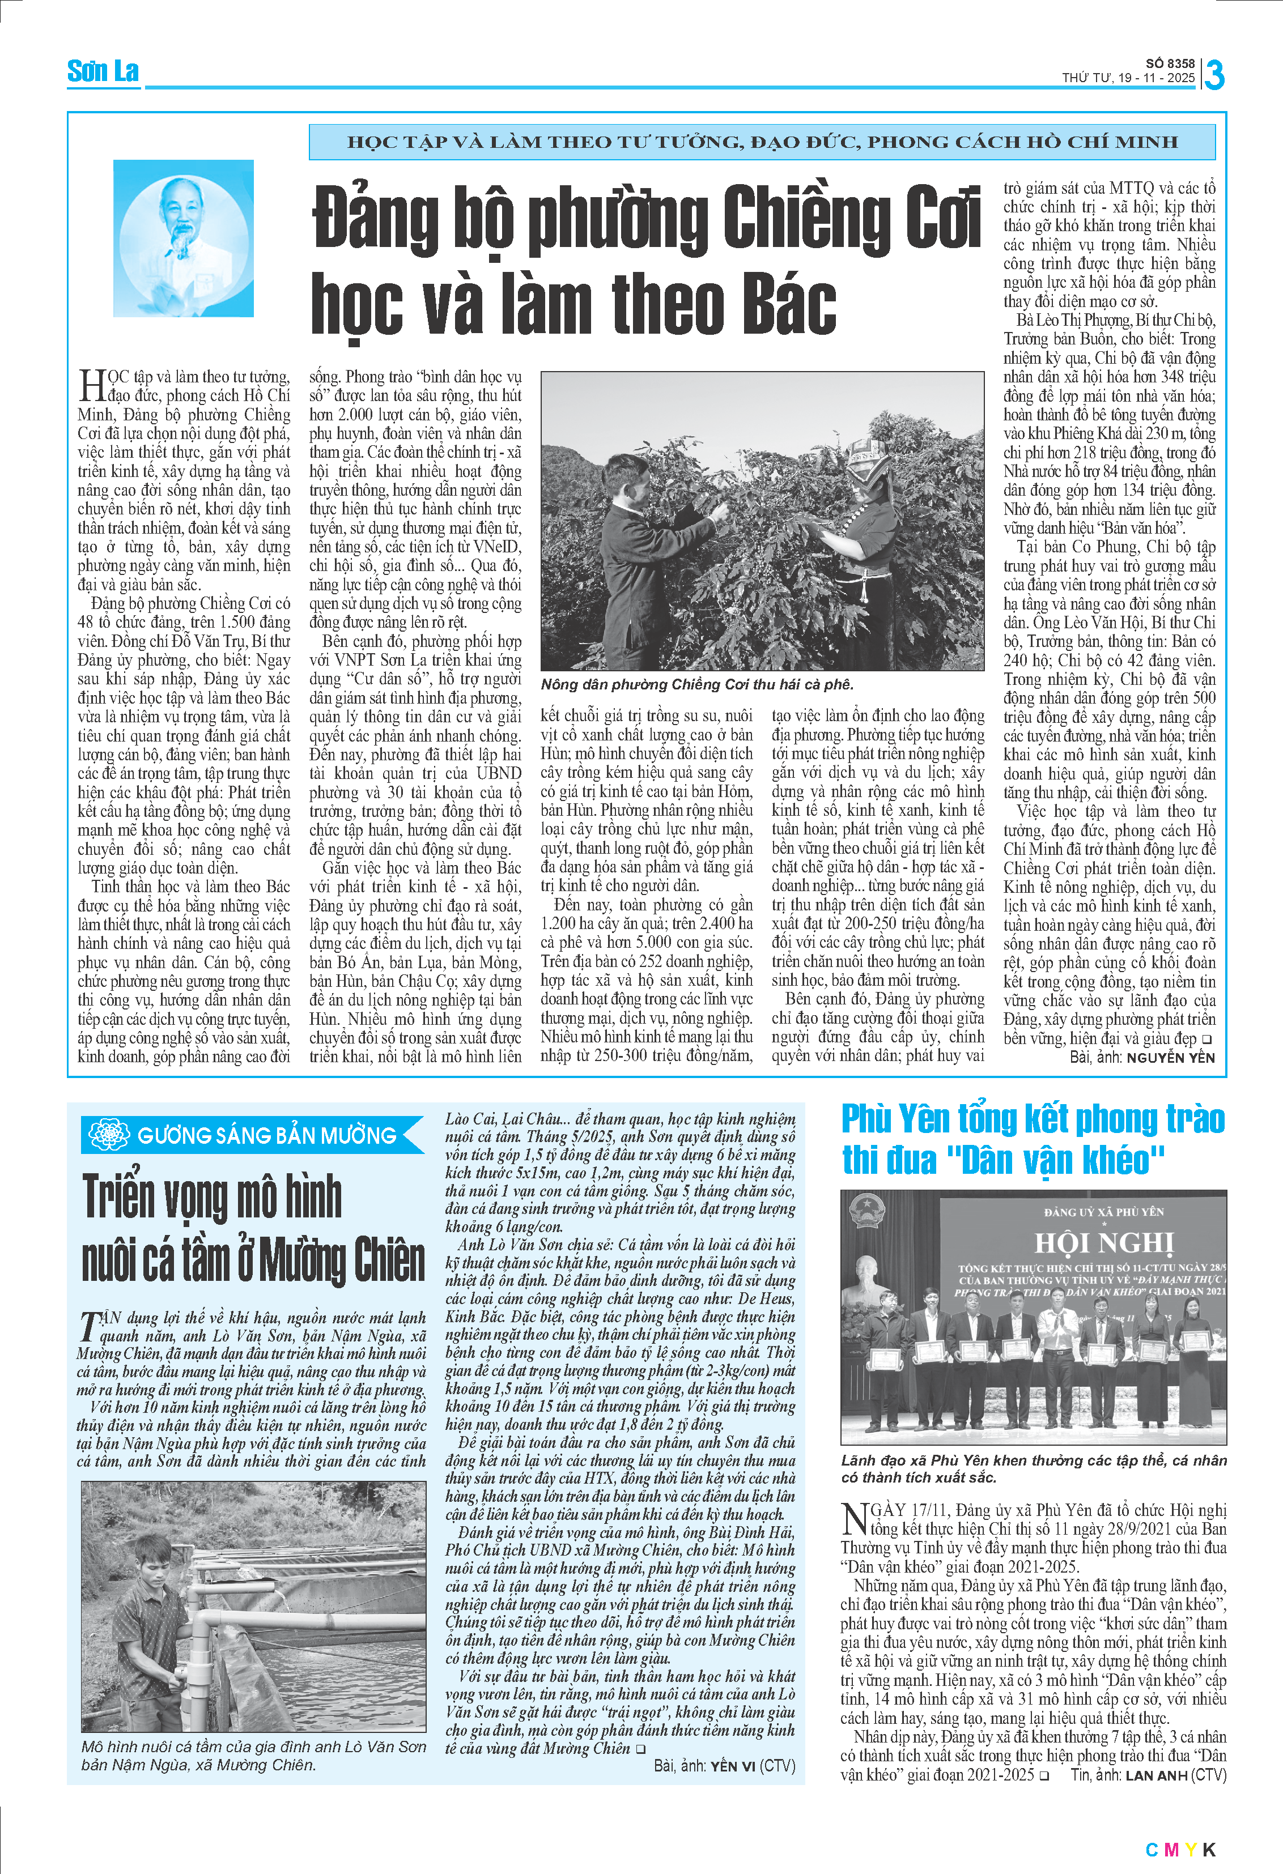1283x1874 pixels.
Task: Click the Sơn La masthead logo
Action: (103, 72)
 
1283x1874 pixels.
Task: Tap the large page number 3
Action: (1214, 75)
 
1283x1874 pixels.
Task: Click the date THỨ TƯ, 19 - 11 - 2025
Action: (1127, 78)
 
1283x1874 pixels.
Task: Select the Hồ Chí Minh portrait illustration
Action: (183, 238)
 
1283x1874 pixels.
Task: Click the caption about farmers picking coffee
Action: (696, 684)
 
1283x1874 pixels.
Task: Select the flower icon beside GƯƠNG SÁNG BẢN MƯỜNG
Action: (109, 1135)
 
